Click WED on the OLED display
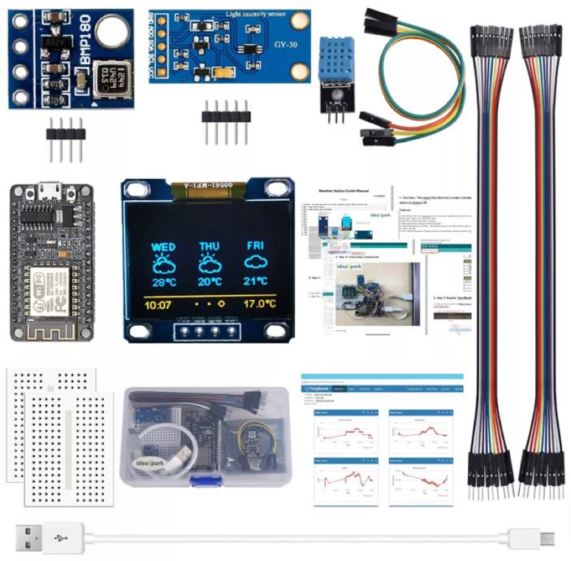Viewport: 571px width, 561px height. (163, 246)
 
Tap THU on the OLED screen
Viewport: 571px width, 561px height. (210, 246)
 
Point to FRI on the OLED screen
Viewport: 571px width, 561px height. (257, 246)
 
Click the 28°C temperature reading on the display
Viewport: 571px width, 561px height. (163, 282)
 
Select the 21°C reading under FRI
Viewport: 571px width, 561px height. (256, 282)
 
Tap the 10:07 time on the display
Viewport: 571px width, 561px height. (158, 307)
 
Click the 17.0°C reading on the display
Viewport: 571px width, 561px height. (259, 307)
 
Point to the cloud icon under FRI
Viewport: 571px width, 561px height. (257, 263)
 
